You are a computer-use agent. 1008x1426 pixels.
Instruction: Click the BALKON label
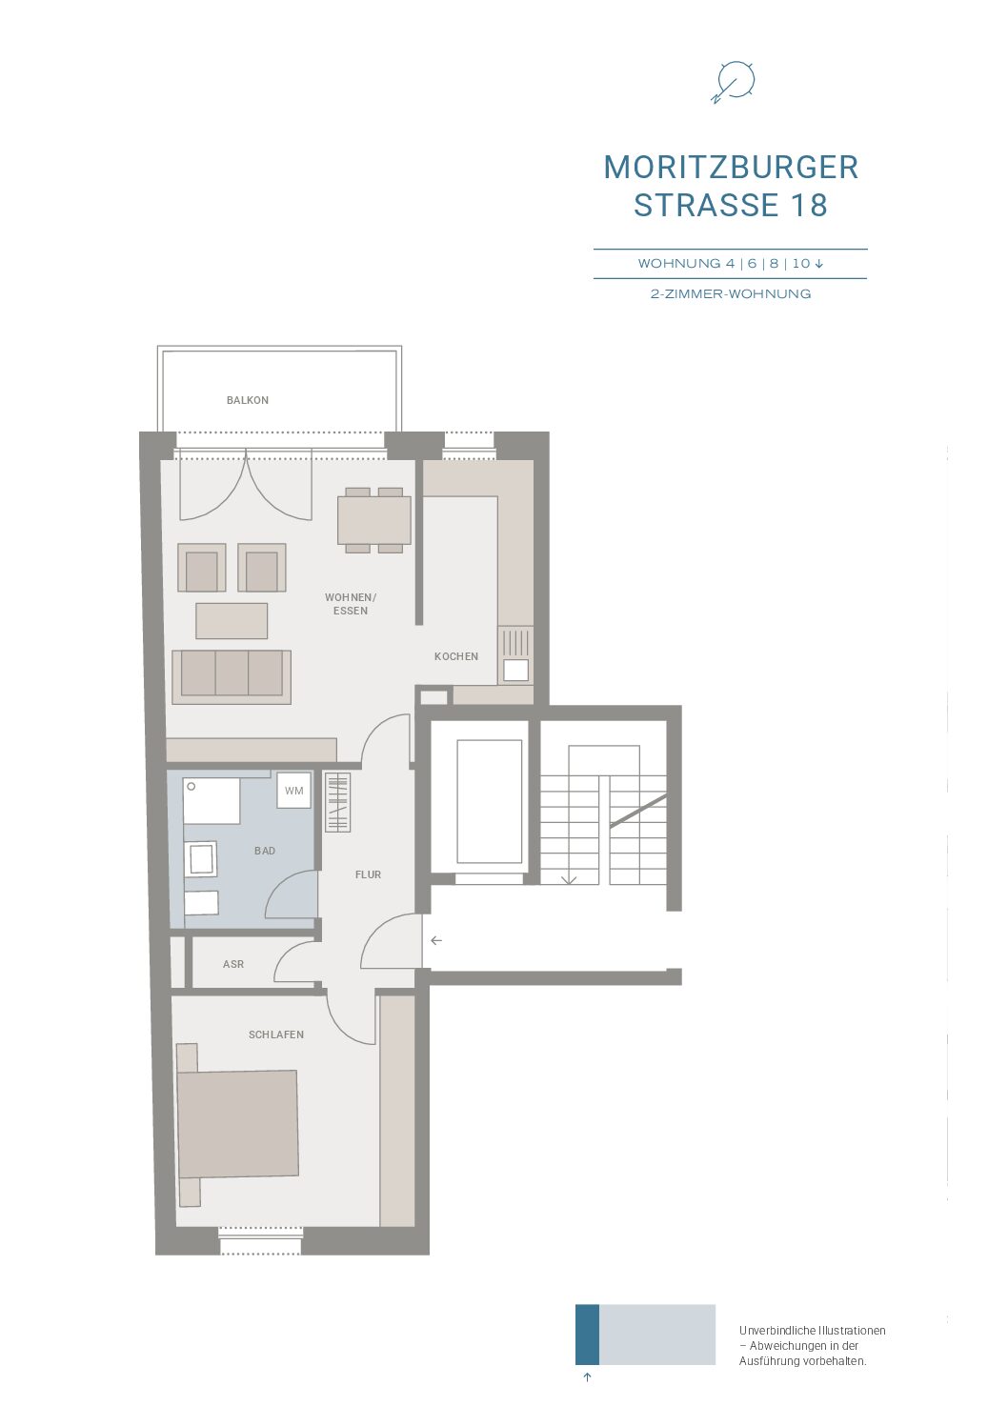[x=247, y=400]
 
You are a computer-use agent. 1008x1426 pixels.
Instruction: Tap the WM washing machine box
[x=293, y=790]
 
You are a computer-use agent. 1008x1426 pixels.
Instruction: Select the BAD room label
[x=264, y=851]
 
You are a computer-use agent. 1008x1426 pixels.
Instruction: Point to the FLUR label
[x=368, y=874]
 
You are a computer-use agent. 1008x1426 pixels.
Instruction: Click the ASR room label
[x=233, y=964]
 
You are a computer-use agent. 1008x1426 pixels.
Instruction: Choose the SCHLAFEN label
[x=275, y=1034]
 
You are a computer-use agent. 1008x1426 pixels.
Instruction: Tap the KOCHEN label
[x=456, y=655]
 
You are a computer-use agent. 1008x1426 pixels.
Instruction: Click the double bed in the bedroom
[x=237, y=1124]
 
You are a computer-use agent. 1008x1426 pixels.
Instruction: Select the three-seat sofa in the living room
[x=232, y=676]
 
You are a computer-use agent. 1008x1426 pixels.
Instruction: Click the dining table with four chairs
[x=373, y=520]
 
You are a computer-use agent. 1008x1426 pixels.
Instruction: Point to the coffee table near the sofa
[x=232, y=620]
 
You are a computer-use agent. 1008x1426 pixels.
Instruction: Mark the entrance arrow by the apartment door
[x=436, y=940]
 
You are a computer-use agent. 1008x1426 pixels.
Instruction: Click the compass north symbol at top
[x=734, y=82]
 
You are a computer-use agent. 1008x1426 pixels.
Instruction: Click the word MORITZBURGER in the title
[x=731, y=167]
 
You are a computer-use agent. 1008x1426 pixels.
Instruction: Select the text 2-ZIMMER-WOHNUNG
[x=731, y=293]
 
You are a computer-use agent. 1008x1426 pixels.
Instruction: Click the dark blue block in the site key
[x=587, y=1336]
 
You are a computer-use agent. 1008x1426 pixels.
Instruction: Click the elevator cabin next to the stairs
[x=489, y=801]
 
